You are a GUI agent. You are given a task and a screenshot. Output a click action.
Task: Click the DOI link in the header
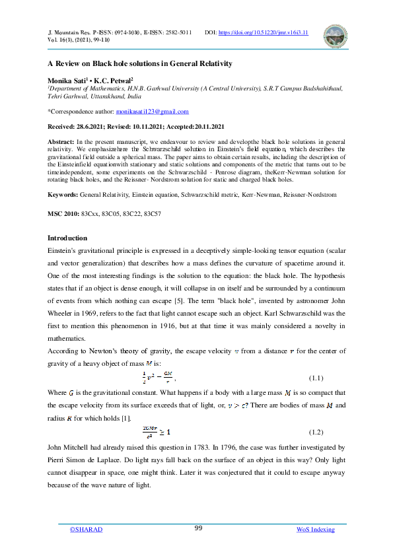click(262, 32)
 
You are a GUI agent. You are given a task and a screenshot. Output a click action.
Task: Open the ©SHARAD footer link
click(87, 530)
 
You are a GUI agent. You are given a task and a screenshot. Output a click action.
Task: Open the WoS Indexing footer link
click(315, 530)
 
